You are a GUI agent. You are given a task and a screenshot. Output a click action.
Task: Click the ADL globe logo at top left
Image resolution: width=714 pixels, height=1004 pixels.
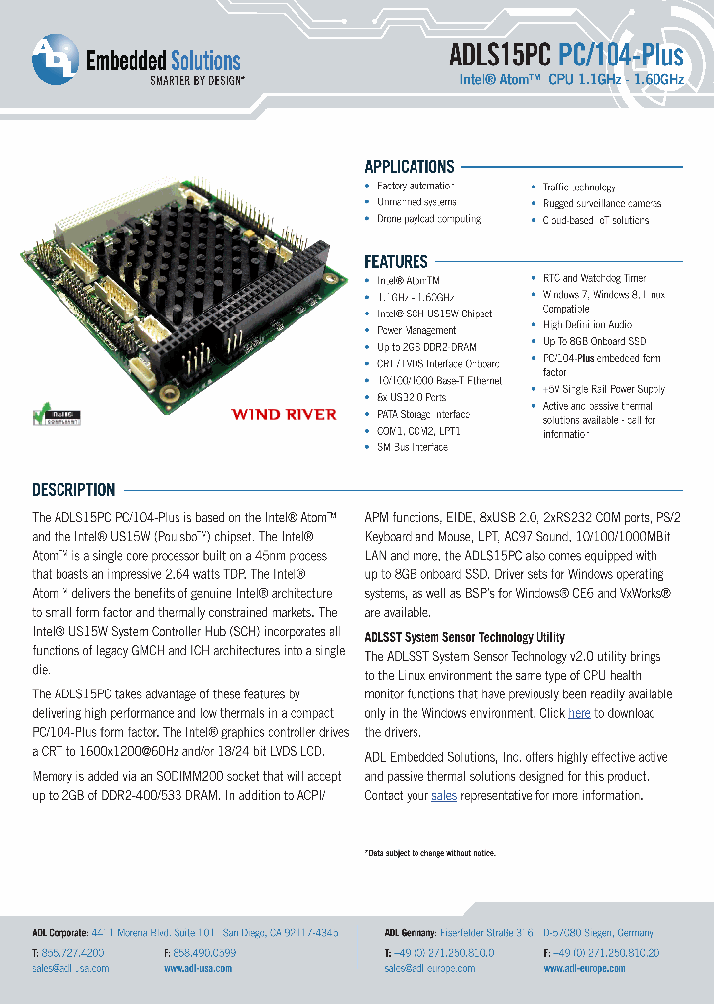pos(54,61)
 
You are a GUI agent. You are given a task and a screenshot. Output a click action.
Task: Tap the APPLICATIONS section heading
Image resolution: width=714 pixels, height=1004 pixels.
pos(409,167)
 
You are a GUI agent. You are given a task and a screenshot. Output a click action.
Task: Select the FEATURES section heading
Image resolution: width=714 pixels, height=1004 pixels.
pos(396,262)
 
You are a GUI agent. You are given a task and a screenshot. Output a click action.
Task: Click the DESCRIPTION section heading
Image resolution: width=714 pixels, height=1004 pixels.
pos(73,490)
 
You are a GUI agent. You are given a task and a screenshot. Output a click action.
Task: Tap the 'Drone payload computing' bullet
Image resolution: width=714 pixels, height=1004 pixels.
pos(428,219)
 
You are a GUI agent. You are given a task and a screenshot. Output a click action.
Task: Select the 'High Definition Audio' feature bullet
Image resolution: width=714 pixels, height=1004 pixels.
pos(587,324)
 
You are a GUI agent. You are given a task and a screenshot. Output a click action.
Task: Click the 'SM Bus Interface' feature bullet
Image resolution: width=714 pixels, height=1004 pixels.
pos(412,447)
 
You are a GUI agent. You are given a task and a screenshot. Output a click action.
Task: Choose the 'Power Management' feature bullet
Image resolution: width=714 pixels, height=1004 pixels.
pos(416,330)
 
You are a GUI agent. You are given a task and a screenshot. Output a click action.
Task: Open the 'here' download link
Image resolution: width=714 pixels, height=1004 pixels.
pos(579,713)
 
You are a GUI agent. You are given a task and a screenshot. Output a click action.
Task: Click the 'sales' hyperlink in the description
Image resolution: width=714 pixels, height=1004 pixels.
pos(444,795)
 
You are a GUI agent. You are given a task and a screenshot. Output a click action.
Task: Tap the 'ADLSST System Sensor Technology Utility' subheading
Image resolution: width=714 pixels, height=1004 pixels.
pos(464,637)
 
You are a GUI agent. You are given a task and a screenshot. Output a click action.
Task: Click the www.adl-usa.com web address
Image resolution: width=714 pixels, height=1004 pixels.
pos(199,968)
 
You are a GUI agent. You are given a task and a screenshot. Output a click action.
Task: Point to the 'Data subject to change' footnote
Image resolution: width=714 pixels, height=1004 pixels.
pos(429,853)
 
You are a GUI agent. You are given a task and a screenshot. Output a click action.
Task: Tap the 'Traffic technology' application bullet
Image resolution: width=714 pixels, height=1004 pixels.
pos(579,188)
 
